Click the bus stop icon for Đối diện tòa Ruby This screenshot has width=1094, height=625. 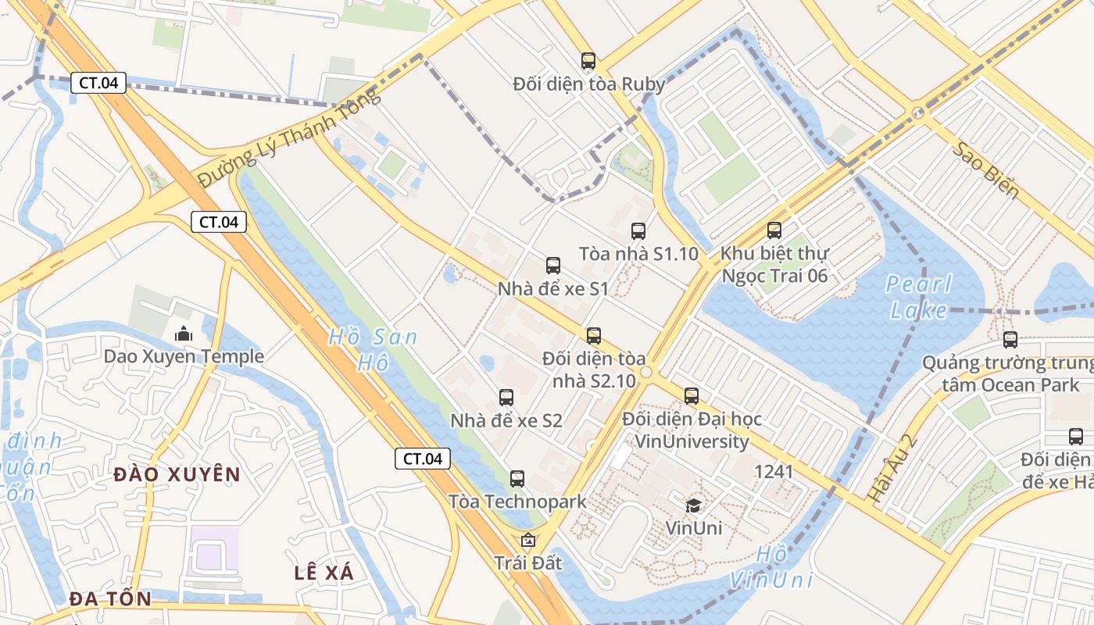[588, 61]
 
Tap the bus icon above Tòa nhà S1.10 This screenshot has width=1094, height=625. [638, 230]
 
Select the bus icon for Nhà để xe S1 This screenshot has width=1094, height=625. [553, 266]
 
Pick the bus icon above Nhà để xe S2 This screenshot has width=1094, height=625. [506, 398]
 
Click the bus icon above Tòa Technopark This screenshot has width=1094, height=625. [517, 479]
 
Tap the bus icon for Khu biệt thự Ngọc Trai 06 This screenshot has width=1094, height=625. [774, 230]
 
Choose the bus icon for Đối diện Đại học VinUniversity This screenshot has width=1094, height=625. [692, 396]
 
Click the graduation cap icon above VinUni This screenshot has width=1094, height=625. [693, 505]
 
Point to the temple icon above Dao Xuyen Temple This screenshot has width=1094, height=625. [184, 334]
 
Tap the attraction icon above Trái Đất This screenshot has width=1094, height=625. [528, 540]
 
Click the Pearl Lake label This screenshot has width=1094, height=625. [919, 297]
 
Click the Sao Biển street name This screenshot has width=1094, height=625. [985, 170]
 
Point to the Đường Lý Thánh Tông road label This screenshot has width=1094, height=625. [289, 138]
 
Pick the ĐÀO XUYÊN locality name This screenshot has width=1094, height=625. [177, 474]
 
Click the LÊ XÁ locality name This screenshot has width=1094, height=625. [324, 573]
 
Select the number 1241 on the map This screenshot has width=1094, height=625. [774, 472]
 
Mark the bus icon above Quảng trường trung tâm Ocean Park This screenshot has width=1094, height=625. [1010, 340]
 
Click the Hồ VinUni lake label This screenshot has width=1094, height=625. [771, 567]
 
